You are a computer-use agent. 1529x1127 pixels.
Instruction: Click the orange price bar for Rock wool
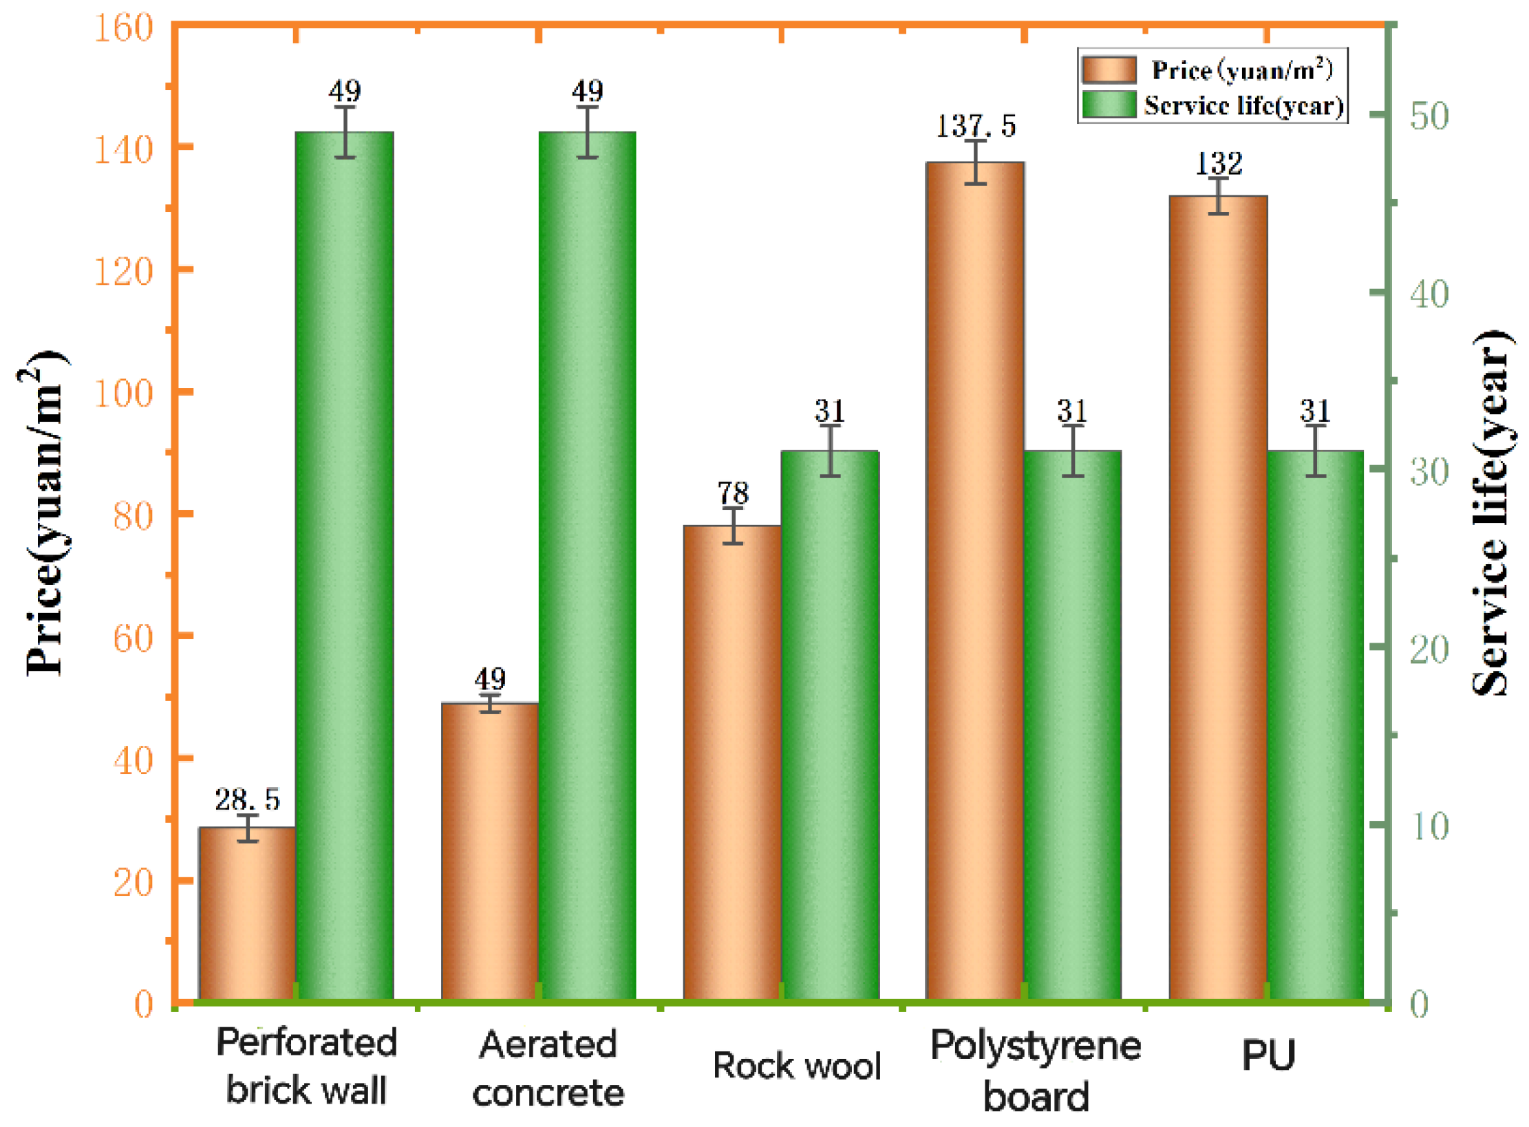tap(732, 764)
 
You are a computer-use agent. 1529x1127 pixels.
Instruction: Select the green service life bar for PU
tap(1316, 726)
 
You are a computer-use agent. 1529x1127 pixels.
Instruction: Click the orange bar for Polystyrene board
tap(975, 581)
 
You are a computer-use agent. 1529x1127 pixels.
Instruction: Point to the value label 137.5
tap(975, 126)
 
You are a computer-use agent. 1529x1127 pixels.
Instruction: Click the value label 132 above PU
tap(1219, 164)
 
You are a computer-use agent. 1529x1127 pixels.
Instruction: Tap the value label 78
tap(732, 493)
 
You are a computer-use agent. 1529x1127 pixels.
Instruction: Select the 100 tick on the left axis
tap(123, 394)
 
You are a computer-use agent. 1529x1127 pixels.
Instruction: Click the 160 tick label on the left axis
tap(123, 29)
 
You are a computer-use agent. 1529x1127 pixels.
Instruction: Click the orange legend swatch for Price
tap(1109, 70)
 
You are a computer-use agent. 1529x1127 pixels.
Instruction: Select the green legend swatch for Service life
tap(1109, 105)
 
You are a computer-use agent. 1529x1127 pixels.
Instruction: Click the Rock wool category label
tap(797, 1066)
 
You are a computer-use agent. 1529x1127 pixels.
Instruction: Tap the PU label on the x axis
tap(1268, 1054)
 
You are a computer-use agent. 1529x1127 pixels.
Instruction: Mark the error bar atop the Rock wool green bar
tap(831, 451)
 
